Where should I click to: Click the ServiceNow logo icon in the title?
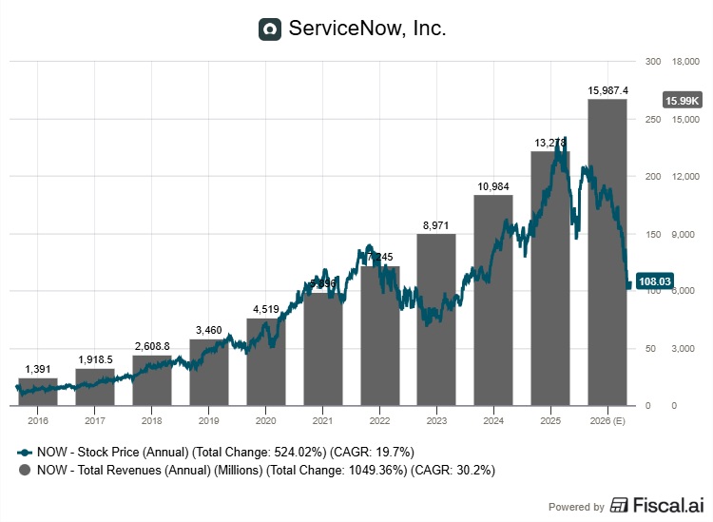[x=270, y=29]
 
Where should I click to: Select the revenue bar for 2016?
[x=38, y=392]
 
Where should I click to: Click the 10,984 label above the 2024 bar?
[x=492, y=186]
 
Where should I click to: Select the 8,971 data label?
[x=436, y=225]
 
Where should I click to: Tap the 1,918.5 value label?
[x=95, y=360]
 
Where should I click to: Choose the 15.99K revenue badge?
[x=682, y=100]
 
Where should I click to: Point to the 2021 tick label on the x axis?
[x=322, y=420]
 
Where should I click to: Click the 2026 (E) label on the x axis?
[x=607, y=420]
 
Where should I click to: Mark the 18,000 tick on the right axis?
[x=686, y=61]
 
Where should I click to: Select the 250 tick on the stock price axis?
[x=652, y=119]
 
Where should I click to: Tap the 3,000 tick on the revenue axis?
[x=684, y=349]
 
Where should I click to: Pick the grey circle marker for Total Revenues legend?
[x=24, y=470]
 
